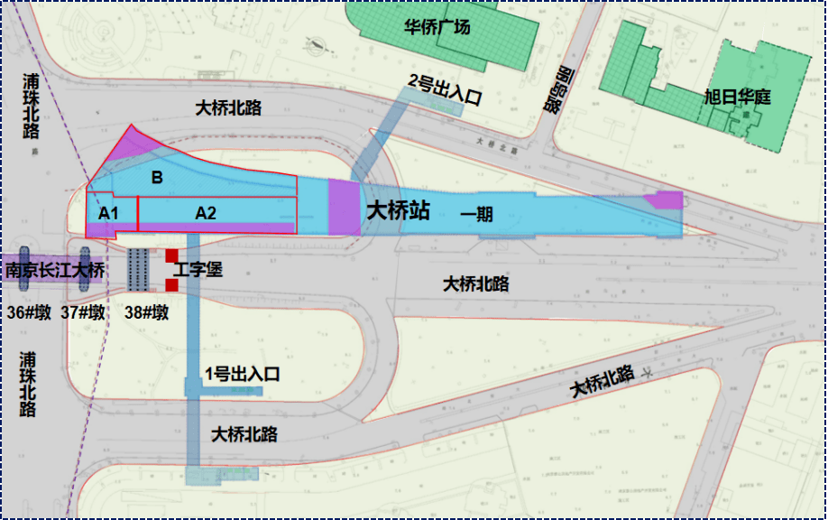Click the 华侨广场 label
pyautogui.click(x=437, y=27)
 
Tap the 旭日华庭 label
pyautogui.click(x=737, y=97)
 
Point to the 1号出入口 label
pyautogui.click(x=244, y=374)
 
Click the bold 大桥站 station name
pyautogui.click(x=398, y=212)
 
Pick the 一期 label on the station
pyautogui.click(x=477, y=214)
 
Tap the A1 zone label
pyautogui.click(x=109, y=213)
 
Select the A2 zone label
pyautogui.click(x=206, y=213)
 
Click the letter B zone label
pyautogui.click(x=157, y=178)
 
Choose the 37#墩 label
pyautogui.click(x=83, y=313)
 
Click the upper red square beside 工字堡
pyautogui.click(x=171, y=255)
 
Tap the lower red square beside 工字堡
pyautogui.click(x=171, y=285)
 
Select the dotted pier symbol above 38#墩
pyautogui.click(x=137, y=269)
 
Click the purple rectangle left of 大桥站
pyautogui.click(x=344, y=207)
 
